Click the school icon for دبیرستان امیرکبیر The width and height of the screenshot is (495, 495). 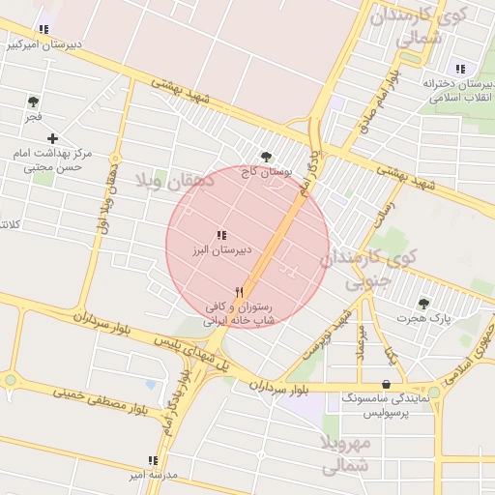click(x=43, y=29)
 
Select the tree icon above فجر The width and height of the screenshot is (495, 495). click(x=33, y=101)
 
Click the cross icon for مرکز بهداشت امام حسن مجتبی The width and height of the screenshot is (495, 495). click(x=52, y=138)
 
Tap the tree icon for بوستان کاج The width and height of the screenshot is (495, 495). click(x=266, y=156)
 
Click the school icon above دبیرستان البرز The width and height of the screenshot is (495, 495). click(x=222, y=234)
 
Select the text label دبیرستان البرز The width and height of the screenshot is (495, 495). click(x=220, y=249)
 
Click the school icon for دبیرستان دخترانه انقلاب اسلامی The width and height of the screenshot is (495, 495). click(x=460, y=69)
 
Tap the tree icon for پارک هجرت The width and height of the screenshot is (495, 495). click(x=423, y=304)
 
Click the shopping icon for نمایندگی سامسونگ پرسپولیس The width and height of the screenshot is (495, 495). click(x=387, y=384)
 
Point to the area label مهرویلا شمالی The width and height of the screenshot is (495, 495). click(x=344, y=453)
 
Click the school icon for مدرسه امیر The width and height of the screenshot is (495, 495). click(x=152, y=460)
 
